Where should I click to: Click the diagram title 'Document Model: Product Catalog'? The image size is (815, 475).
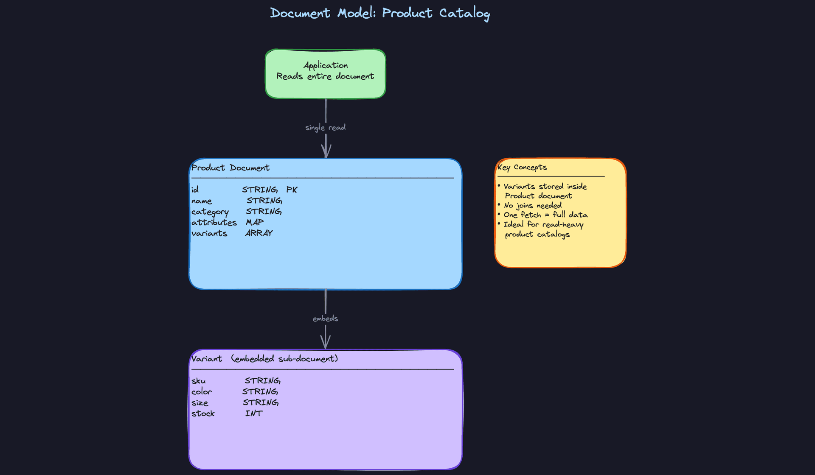380,13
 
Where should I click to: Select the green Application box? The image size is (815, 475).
325,74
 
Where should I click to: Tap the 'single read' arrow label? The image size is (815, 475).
325,127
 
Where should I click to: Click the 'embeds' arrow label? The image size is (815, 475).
325,319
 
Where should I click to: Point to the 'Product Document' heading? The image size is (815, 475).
230,168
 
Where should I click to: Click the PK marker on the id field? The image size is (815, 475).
292,190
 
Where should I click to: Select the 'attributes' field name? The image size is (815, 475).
214,223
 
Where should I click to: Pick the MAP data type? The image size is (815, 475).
255,222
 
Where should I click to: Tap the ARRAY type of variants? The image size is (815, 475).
259,233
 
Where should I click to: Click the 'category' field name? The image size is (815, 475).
210,212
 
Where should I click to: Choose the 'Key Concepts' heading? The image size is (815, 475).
522,167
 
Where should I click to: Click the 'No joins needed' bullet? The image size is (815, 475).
532,206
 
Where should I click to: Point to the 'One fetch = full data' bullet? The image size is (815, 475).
545,215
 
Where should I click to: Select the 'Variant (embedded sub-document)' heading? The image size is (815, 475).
264,359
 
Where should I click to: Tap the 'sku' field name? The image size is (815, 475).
198,381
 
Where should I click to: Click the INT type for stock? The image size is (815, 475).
254,414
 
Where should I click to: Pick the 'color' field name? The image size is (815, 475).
201,392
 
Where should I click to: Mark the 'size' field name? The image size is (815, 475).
200,403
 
